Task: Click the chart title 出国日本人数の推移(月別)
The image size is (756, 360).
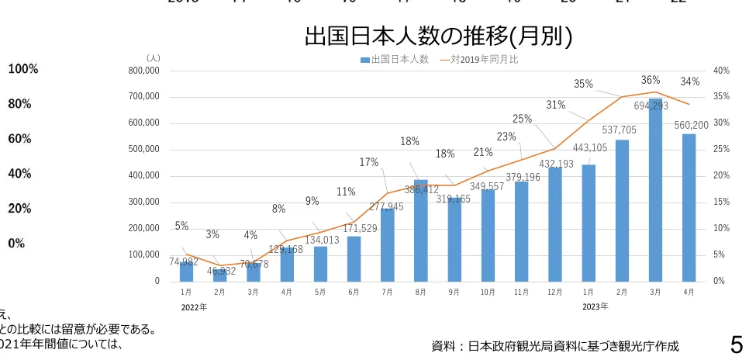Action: tap(438, 36)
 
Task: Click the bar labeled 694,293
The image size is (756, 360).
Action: tap(655, 194)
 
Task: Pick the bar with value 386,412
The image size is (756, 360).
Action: tap(420, 233)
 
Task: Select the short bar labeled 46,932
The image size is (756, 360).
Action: tap(219, 275)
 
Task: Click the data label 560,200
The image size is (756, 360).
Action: tap(691, 125)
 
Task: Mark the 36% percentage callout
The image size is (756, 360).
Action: tap(651, 80)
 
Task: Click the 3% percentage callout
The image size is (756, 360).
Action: tap(212, 234)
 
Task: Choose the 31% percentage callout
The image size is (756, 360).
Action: tap(555, 105)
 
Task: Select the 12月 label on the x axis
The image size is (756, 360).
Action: tap(554, 292)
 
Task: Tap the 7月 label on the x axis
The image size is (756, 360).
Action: tap(387, 292)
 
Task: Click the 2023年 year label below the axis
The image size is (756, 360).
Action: tap(595, 306)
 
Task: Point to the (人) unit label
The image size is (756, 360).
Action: tap(153, 58)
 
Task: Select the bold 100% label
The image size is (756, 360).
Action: tap(23, 70)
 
